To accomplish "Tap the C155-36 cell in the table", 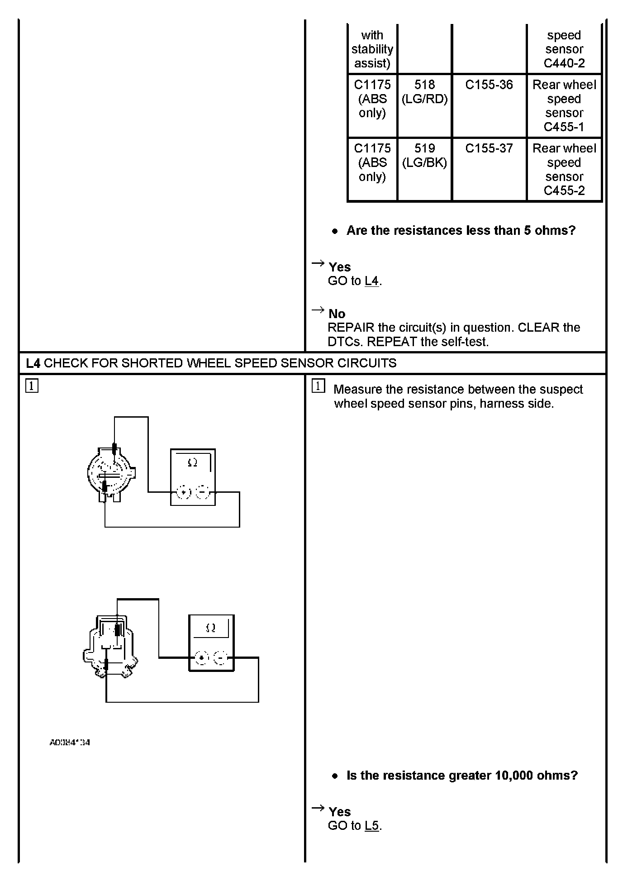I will click(x=489, y=85).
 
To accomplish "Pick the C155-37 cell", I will click(x=489, y=148).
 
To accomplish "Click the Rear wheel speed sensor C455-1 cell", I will click(x=564, y=106).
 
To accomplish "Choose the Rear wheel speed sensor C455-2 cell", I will click(x=564, y=170).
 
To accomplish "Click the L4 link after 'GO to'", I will click(x=371, y=281).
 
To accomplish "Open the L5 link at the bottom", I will click(x=371, y=826).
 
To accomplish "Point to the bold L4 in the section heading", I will click(x=33, y=363).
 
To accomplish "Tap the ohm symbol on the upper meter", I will click(x=192, y=462).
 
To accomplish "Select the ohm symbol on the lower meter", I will click(x=211, y=628).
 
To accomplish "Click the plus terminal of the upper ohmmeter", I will click(x=184, y=492).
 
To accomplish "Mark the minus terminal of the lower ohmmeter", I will click(x=221, y=657).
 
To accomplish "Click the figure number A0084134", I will click(x=70, y=743).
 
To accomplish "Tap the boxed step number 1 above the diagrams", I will click(x=32, y=386).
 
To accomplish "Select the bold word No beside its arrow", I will click(x=337, y=314).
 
